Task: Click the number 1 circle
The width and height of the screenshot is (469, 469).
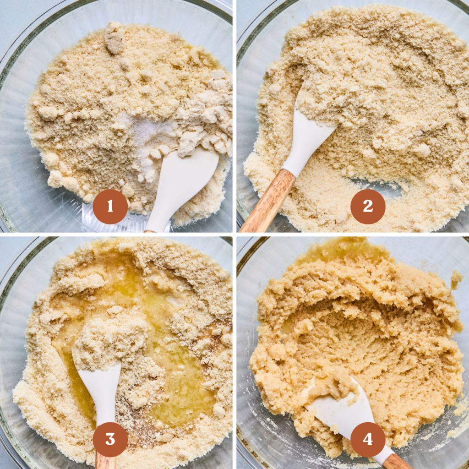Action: pyautogui.click(x=110, y=207)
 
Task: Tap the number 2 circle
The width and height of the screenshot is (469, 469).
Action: pyautogui.click(x=368, y=207)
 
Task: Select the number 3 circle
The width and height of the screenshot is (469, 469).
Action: pyautogui.click(x=110, y=439)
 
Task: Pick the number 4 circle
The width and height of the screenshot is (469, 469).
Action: pyautogui.click(x=368, y=439)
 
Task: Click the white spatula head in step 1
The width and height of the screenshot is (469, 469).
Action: pyautogui.click(x=183, y=183)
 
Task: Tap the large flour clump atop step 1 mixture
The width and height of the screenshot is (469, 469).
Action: pyautogui.click(x=115, y=41)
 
